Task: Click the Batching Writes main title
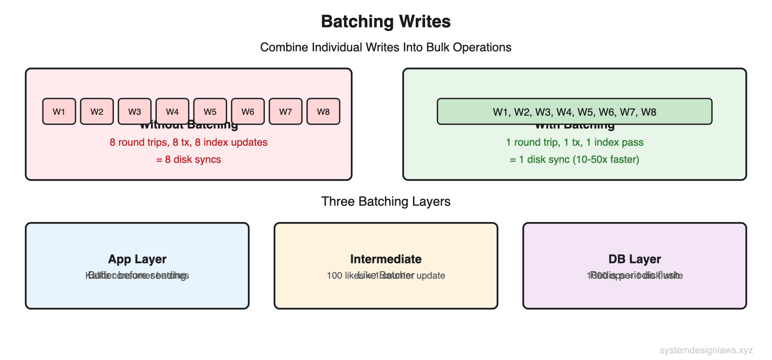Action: click(x=386, y=22)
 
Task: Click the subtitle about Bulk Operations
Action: click(x=386, y=47)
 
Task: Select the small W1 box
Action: click(x=59, y=111)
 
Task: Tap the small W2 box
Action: click(x=97, y=111)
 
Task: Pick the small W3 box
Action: click(x=135, y=111)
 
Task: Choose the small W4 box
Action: click(x=172, y=111)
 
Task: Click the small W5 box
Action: click(x=210, y=111)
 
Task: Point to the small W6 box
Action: click(x=248, y=111)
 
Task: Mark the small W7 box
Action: click(x=286, y=111)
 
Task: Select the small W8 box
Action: click(x=323, y=111)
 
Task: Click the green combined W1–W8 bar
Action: click(x=574, y=111)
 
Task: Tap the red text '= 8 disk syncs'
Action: click(x=189, y=160)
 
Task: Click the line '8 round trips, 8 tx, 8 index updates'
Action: click(x=189, y=142)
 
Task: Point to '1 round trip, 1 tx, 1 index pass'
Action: click(x=574, y=142)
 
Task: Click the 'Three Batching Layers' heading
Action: click(x=386, y=201)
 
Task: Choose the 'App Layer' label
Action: click(x=137, y=259)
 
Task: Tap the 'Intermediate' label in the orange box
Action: click(x=386, y=259)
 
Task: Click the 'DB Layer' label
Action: click(x=634, y=259)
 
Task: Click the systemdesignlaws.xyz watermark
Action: click(x=706, y=350)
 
